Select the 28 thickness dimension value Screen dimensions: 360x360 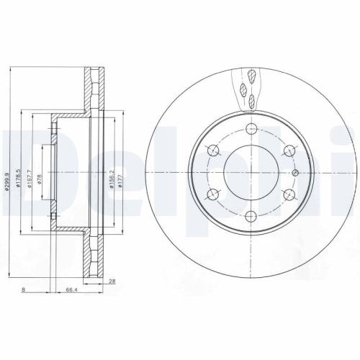[x=112, y=281]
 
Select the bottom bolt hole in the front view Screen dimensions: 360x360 [x=251, y=217]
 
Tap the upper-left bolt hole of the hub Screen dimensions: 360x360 [x=213, y=150]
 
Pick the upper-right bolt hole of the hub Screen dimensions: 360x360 [x=290, y=150]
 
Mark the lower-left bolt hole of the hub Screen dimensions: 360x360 [x=213, y=194]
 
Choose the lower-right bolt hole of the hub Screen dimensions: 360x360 [x=290, y=194]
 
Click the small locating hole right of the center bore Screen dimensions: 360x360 [x=296, y=173]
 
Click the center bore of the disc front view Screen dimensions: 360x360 [x=251, y=173]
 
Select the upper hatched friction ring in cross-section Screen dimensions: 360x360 [x=91, y=90]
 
